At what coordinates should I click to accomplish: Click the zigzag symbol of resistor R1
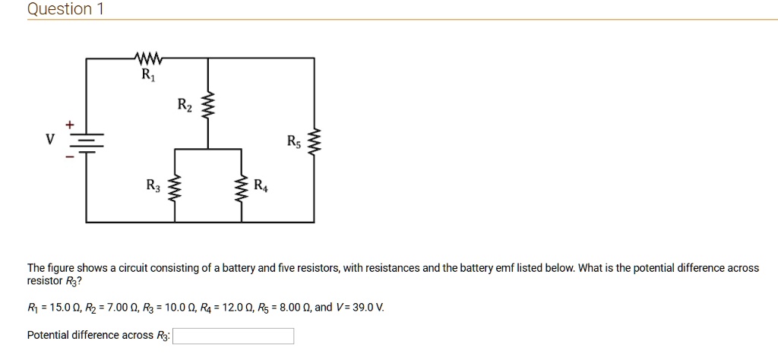(x=147, y=57)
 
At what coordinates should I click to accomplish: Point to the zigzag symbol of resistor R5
(x=315, y=142)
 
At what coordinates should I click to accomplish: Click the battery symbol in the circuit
(x=86, y=142)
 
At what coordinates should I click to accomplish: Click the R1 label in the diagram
(x=147, y=75)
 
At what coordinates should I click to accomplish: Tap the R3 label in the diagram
(x=153, y=185)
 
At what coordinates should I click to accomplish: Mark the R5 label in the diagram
(x=294, y=141)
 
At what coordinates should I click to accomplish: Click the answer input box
(x=233, y=336)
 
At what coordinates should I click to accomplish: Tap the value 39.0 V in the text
(x=367, y=308)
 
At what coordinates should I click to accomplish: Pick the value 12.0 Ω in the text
(x=233, y=308)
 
